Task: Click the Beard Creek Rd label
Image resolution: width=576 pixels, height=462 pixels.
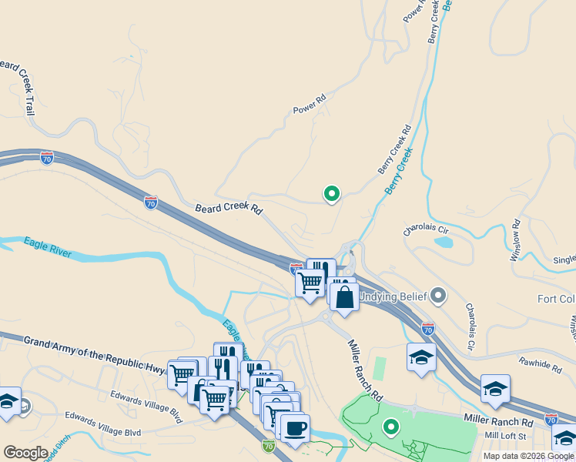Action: [x=229, y=209]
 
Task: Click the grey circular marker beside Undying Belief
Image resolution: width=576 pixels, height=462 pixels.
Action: [x=438, y=295]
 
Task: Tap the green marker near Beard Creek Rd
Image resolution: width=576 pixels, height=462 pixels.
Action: [x=332, y=194]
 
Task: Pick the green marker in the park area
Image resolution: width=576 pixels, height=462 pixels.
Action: [x=391, y=426]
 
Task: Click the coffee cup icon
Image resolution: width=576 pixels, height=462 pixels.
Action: [x=294, y=427]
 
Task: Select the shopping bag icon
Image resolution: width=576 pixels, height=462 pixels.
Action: [x=344, y=296]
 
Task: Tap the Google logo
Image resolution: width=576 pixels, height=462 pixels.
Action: [x=26, y=453]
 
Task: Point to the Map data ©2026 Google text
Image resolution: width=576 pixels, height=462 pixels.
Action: [x=528, y=456]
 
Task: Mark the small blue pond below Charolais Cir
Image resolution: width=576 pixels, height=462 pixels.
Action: [x=443, y=242]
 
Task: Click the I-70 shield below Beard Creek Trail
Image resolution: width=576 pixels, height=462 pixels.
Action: [x=47, y=158]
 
